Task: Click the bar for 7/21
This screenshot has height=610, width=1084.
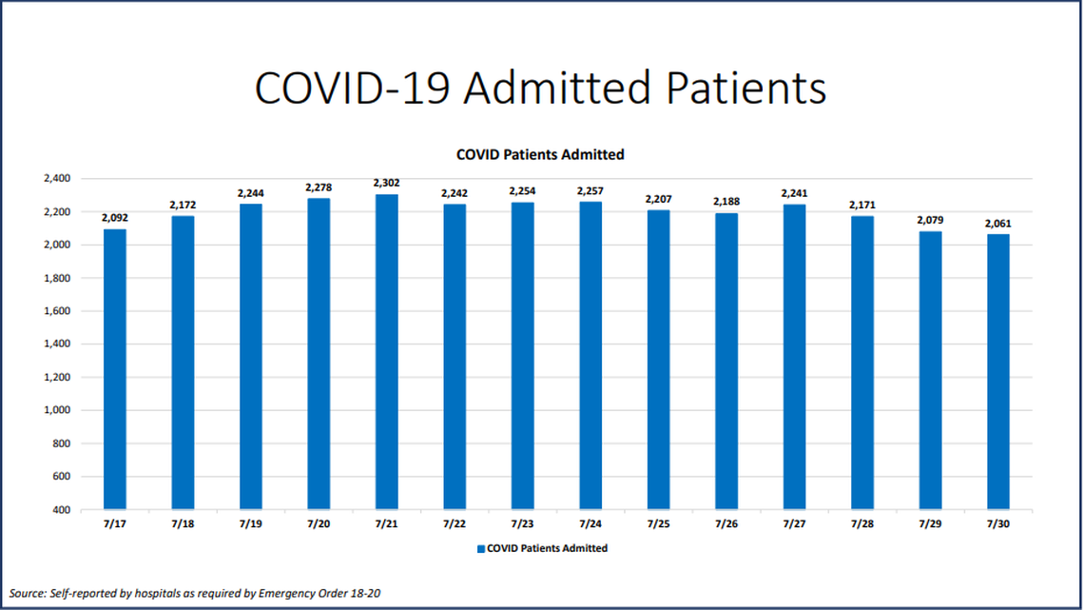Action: pos(386,352)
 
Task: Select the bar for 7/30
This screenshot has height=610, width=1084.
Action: pos(997,371)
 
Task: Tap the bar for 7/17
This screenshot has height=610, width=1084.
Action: pos(114,369)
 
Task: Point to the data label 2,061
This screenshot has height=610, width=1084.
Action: pos(997,225)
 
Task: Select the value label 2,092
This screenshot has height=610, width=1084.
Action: pos(114,218)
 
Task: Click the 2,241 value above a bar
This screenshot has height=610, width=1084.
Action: pos(794,193)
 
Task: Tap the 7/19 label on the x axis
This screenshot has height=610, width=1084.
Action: pos(250,524)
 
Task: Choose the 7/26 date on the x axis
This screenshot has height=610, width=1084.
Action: pos(726,524)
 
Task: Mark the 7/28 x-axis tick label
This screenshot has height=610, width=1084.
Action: pos(861,524)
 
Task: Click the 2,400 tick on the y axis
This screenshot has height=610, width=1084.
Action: pos(58,179)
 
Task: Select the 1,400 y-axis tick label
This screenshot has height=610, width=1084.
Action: pos(58,344)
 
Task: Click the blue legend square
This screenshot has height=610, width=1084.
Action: pos(481,549)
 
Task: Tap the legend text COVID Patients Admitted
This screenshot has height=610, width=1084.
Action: pos(547,549)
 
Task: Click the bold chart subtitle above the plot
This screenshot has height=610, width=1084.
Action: pos(540,154)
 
